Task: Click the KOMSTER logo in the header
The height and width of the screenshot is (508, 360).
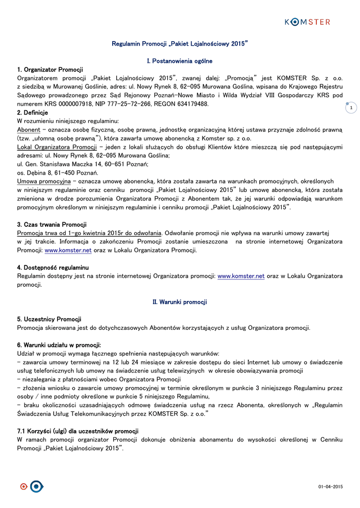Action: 307,22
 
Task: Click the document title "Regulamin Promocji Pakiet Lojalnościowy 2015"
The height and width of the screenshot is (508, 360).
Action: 179,44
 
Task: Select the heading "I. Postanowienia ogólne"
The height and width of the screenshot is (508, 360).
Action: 180,61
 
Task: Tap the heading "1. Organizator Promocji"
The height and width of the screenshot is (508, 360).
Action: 50,69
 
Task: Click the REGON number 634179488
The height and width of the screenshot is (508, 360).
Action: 190,104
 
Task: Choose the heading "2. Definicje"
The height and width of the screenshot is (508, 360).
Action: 32,113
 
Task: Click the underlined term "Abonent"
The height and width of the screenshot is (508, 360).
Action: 29,130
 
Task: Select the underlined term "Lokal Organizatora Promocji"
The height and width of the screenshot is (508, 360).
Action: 57,147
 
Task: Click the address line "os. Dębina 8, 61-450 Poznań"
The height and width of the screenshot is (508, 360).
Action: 58,173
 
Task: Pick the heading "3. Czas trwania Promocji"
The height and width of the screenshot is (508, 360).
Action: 52,225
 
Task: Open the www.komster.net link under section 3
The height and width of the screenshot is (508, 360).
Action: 68,251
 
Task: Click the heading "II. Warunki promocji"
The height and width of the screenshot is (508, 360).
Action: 180,302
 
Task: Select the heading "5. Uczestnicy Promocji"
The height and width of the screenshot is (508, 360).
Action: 49,319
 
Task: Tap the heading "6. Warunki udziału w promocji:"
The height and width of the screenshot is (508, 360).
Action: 59,345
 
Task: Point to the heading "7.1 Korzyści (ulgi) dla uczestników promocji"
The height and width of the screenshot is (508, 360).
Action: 77,431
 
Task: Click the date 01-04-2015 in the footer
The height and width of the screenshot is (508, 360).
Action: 331,487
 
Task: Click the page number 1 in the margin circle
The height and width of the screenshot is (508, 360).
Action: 351,108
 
